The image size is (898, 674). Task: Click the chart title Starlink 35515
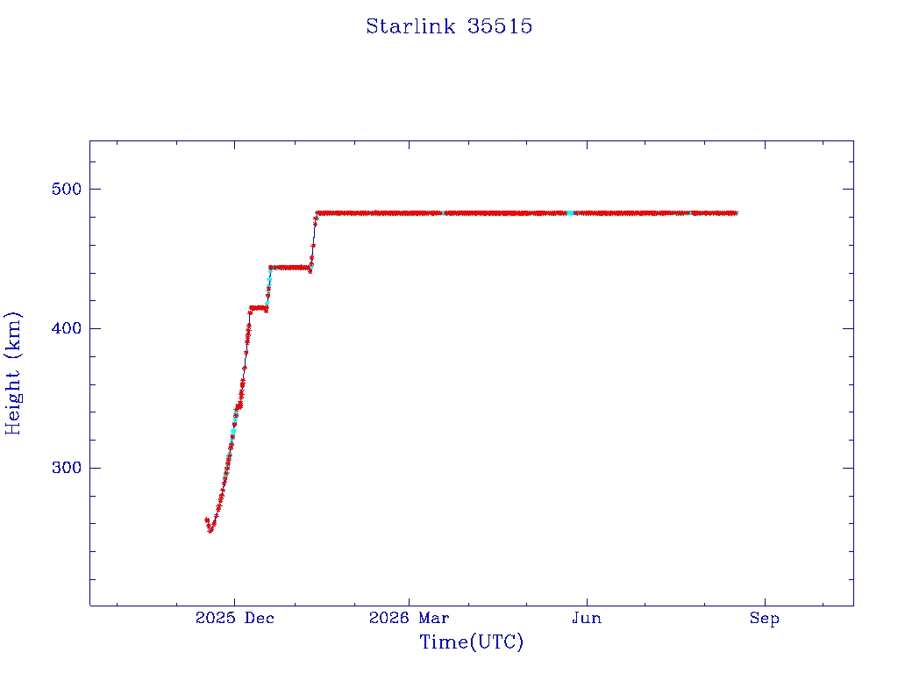(449, 26)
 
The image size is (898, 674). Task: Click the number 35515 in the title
(499, 26)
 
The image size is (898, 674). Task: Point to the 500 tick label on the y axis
(67, 189)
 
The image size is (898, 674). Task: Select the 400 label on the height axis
(67, 328)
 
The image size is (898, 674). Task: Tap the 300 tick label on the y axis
(67, 468)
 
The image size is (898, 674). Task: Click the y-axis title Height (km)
(12, 373)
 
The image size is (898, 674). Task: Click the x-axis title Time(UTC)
(471, 642)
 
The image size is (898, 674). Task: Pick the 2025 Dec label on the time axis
(235, 618)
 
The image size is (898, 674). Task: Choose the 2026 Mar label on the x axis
(409, 618)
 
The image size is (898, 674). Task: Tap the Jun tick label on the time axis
(587, 618)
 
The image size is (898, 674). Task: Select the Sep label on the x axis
(765, 618)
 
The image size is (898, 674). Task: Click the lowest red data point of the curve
(210, 530)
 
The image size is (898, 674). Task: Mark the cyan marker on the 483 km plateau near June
(570, 213)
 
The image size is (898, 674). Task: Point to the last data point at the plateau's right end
(735, 213)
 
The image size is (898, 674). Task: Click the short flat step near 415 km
(258, 308)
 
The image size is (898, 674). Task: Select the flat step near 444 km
(290, 268)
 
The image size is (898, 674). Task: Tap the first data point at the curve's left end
(207, 520)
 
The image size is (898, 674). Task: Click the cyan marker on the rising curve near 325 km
(233, 431)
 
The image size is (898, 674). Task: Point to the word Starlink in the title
(410, 26)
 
